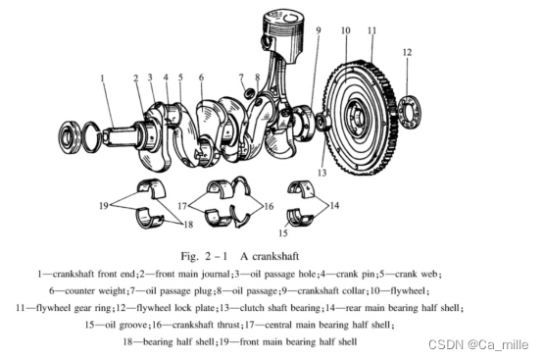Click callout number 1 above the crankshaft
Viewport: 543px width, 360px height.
pos(102,78)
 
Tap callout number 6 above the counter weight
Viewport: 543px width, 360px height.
pos(202,77)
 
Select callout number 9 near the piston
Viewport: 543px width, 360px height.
pos(319,30)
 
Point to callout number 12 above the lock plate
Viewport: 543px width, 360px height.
pos(408,52)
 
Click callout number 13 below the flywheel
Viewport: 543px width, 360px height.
pos(322,173)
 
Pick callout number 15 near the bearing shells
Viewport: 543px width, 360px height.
pos(283,232)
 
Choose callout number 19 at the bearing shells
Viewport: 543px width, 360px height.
pos(104,205)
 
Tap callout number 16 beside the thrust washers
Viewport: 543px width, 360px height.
pos(269,206)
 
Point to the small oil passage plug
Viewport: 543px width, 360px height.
pos(249,93)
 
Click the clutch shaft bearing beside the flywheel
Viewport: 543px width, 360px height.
pos(324,123)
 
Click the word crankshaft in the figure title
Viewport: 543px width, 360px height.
pos(275,256)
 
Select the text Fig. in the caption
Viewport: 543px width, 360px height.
pos(190,256)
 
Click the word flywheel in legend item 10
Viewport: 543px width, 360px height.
pos(408,290)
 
